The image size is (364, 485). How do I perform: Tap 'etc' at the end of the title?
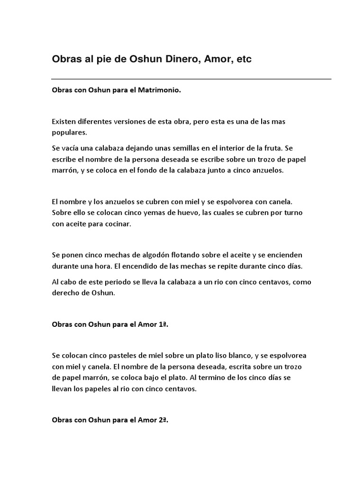(x=244, y=59)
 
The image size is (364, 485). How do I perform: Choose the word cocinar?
(x=117, y=224)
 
